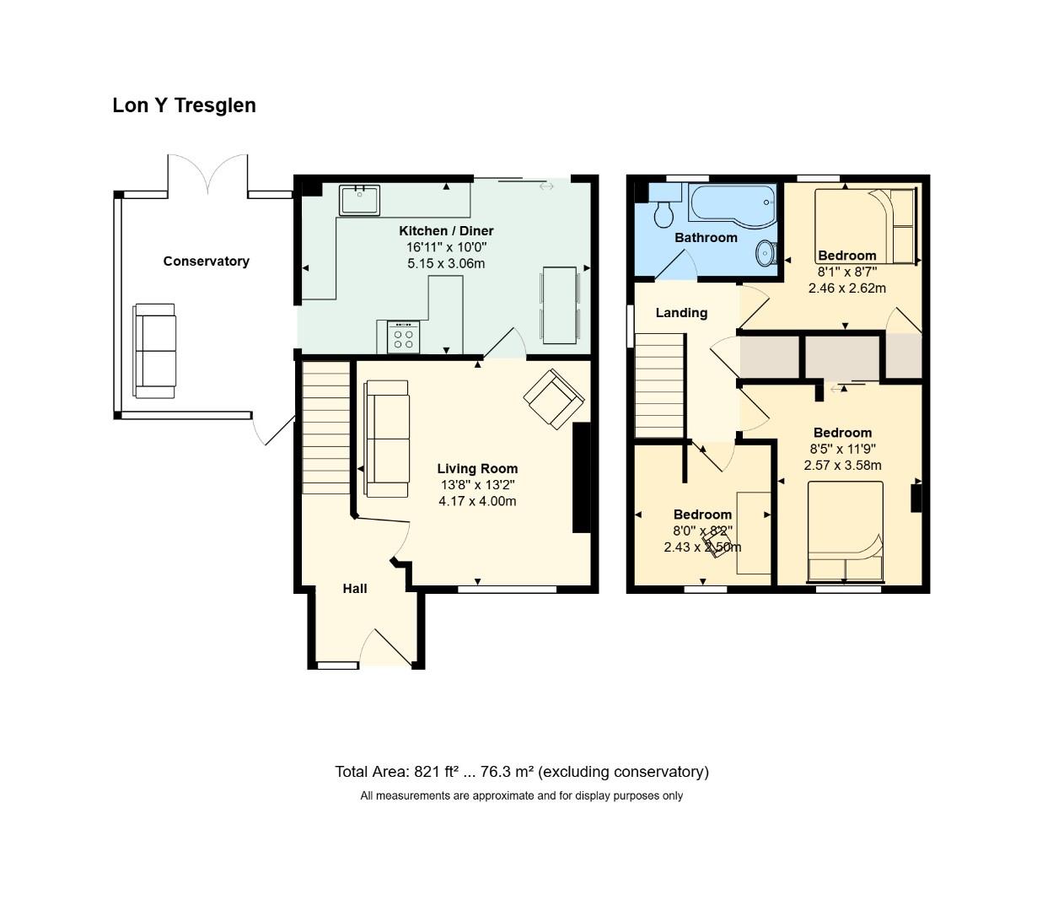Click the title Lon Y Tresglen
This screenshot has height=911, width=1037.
pyautogui.click(x=184, y=105)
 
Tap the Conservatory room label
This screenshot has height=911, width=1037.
pyautogui.click(x=206, y=261)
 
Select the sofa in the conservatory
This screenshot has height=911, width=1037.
pyautogui.click(x=154, y=351)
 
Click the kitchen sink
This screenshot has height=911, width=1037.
pyautogui.click(x=360, y=200)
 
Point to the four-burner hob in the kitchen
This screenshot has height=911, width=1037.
pyautogui.click(x=403, y=337)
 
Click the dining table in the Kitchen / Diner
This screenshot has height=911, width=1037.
pyautogui.click(x=560, y=305)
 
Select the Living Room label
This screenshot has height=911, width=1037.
pyautogui.click(x=477, y=469)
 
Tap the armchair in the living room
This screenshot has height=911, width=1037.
pyautogui.click(x=554, y=398)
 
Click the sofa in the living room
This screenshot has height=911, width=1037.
pyautogui.click(x=387, y=439)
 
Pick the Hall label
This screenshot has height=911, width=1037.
pyautogui.click(x=355, y=589)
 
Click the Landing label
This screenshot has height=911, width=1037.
pyautogui.click(x=681, y=313)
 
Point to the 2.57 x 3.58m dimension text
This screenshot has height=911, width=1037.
pyautogui.click(x=842, y=466)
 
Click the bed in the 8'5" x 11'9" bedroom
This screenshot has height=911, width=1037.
pyautogui.click(x=846, y=531)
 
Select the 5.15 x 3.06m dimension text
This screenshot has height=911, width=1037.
pyautogui.click(x=446, y=263)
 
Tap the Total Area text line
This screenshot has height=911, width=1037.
pyautogui.click(x=521, y=772)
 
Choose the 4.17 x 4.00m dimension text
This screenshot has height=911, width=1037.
pyautogui.click(x=477, y=501)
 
